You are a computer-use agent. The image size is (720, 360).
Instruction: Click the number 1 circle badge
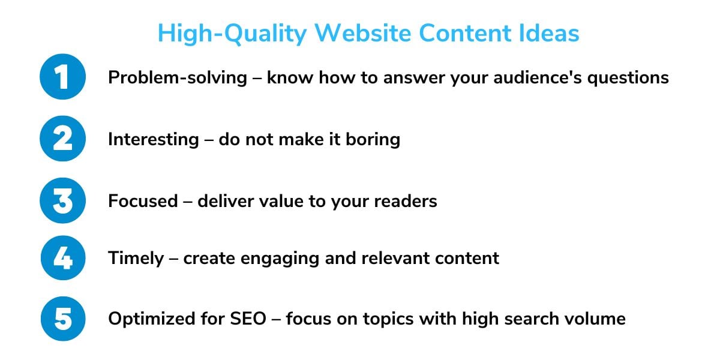(x=62, y=77)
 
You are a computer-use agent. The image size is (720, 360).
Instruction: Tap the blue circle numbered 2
(x=62, y=139)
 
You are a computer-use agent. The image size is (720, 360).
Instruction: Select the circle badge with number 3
(x=62, y=200)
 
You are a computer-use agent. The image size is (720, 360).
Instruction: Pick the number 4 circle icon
(x=63, y=258)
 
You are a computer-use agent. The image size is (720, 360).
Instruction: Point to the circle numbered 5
(x=63, y=319)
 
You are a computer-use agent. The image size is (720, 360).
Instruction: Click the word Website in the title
(x=363, y=33)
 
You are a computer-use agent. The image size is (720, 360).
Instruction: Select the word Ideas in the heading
(x=549, y=33)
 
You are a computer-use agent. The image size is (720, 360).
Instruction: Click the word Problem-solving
(x=178, y=78)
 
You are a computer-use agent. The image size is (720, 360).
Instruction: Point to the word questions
(x=628, y=79)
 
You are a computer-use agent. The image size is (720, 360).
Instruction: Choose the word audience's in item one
(x=538, y=77)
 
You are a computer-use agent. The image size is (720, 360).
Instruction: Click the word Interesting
(x=154, y=140)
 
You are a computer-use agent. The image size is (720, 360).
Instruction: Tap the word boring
(x=373, y=140)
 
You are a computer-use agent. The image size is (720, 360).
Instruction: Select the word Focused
(x=143, y=201)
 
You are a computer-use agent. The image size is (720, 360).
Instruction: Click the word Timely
(x=136, y=259)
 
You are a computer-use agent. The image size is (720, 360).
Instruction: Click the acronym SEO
(x=248, y=319)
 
